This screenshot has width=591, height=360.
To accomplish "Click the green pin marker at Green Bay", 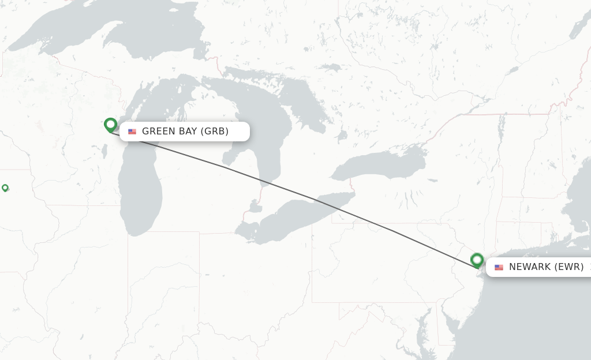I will pos(110,125).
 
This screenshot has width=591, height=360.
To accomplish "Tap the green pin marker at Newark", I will pos(477,260).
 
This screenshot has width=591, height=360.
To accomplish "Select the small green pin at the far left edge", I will pos(5,187).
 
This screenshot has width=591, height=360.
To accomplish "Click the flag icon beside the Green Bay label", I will pos(132,132).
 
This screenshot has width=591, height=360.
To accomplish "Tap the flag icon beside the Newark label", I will pos(499,267).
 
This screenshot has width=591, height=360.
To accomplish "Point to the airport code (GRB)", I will pos(214,132).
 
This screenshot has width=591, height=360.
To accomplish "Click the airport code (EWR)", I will pos(568,267).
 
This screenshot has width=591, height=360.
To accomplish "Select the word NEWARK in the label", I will pos(529,267).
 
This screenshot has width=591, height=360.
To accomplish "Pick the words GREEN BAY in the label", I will pos(170,132).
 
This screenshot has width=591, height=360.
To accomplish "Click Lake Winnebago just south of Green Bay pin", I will pos(104,151).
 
